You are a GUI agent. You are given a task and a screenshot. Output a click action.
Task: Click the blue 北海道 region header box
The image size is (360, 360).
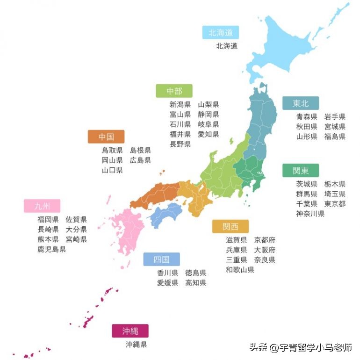pyautogui.click(x=220, y=32)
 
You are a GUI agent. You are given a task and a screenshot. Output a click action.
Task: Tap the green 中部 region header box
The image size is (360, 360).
pyautogui.click(x=174, y=91)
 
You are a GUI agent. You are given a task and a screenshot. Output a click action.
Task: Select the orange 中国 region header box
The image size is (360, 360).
pyautogui.click(x=106, y=137)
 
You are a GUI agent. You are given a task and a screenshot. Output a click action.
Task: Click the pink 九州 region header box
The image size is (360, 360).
pyautogui.click(x=42, y=206)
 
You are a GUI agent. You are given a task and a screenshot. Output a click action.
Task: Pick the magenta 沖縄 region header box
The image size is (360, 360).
pyautogui.click(x=130, y=331)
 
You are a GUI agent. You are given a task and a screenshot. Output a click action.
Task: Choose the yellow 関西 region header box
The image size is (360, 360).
pyautogui.click(x=230, y=227)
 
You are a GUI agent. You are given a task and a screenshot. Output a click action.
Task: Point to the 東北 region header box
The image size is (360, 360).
pyautogui.click(x=300, y=103)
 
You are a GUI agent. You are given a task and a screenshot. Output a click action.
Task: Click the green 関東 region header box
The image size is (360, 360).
pyautogui.click(x=300, y=170)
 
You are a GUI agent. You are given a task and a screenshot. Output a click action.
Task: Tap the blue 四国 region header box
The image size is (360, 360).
pyautogui.click(x=161, y=259)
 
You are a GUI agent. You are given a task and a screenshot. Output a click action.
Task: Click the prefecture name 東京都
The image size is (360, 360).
pyautogui.click(x=335, y=204)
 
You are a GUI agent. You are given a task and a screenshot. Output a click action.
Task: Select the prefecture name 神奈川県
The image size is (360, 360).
pyautogui.click(x=310, y=214)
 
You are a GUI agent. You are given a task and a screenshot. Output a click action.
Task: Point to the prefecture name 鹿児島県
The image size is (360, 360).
pyautogui.click(x=51, y=250)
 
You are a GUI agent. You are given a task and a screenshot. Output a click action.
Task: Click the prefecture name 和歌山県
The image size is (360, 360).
pyautogui.click(x=240, y=270)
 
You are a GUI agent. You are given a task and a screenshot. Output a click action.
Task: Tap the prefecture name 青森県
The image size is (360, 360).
pyautogui.click(x=307, y=117)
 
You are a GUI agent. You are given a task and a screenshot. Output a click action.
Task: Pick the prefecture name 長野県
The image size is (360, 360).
pyautogui.click(x=180, y=144)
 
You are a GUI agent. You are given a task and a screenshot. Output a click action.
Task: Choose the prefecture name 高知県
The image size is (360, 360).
pyautogui.click(x=195, y=283)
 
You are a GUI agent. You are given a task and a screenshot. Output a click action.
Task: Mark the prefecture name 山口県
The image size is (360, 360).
pyautogui.click(x=112, y=170)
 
